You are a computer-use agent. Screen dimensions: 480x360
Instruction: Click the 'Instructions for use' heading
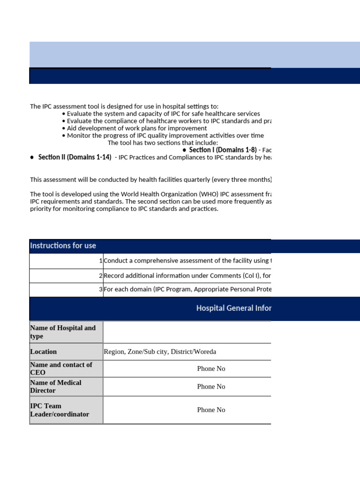63,246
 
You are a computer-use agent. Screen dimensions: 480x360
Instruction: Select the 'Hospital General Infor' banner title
233,308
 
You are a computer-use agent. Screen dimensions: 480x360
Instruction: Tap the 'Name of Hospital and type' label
63,332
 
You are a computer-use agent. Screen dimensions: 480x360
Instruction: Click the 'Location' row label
43,352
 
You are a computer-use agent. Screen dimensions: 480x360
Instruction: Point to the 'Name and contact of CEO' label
61,368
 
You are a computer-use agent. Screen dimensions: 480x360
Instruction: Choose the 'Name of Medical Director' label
55,386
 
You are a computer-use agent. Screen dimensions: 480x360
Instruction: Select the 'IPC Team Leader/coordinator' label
59,410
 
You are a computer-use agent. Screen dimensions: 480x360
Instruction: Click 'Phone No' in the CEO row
211,368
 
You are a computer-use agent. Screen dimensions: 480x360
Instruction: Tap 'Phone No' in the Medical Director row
211,386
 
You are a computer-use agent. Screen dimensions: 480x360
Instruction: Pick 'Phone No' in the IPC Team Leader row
211,410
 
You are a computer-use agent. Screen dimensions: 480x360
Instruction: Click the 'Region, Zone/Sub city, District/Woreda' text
160,352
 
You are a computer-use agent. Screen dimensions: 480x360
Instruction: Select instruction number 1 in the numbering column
101,261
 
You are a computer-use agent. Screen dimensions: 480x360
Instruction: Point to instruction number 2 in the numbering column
101,276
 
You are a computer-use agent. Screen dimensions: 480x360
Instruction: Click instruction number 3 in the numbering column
101,289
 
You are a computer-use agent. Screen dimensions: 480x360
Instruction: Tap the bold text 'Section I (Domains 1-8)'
223,150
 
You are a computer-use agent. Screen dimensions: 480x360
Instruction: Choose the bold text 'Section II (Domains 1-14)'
75,157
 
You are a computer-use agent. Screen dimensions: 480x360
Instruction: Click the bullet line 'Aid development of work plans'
136,128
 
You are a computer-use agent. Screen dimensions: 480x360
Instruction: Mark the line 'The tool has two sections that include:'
163,142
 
